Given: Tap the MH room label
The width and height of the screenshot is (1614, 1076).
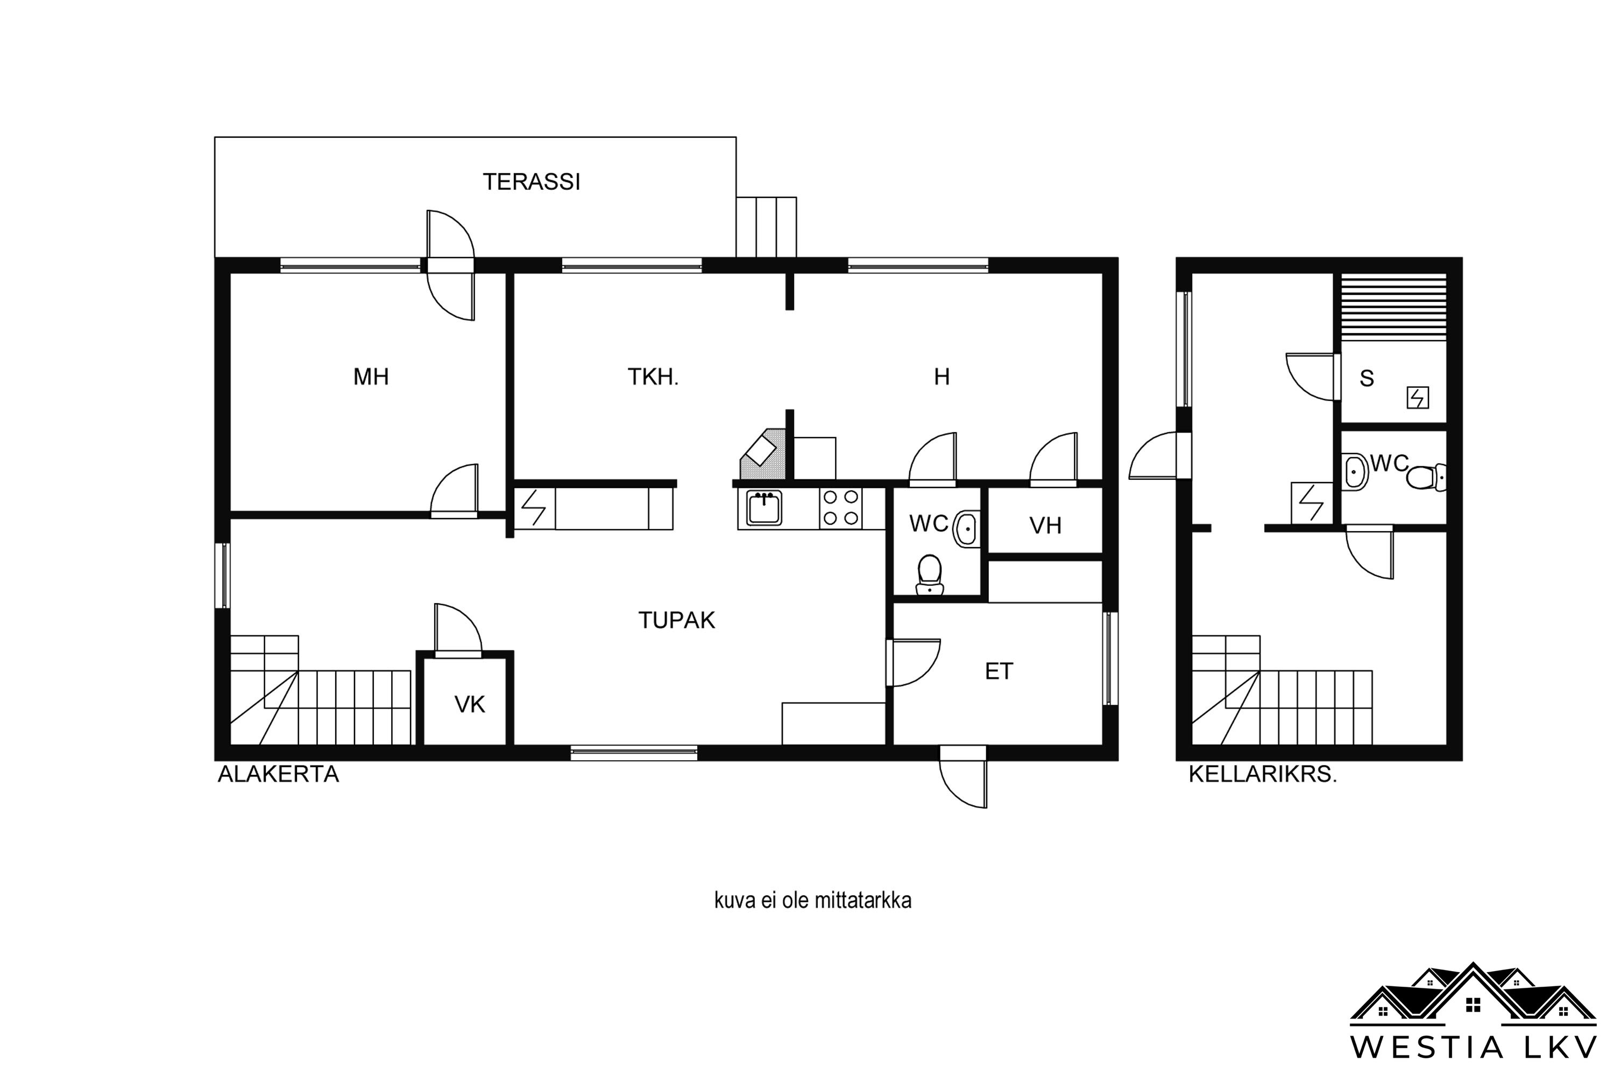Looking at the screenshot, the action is coord(371,377).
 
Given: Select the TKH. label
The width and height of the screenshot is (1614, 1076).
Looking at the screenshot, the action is coord(653,377).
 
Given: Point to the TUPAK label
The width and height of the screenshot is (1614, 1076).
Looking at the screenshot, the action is coord(677,620).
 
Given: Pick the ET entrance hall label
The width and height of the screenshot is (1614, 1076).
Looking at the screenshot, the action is coord(999,671).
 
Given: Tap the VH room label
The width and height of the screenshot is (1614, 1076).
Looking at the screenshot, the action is coord(1045,526).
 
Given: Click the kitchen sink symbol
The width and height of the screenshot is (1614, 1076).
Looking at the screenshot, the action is coord(764,508).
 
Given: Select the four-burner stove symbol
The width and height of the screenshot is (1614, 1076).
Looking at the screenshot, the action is coord(840,508).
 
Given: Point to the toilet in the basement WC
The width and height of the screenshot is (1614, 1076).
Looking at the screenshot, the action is coord(1426,477).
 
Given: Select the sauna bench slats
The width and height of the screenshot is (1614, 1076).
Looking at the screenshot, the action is coord(1394,307).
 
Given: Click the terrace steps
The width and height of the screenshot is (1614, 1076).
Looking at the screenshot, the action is coord(767,227).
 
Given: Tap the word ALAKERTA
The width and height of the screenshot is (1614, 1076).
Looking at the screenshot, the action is coord(278,774).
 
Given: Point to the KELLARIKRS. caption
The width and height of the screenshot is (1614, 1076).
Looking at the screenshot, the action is coord(1263,774).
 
